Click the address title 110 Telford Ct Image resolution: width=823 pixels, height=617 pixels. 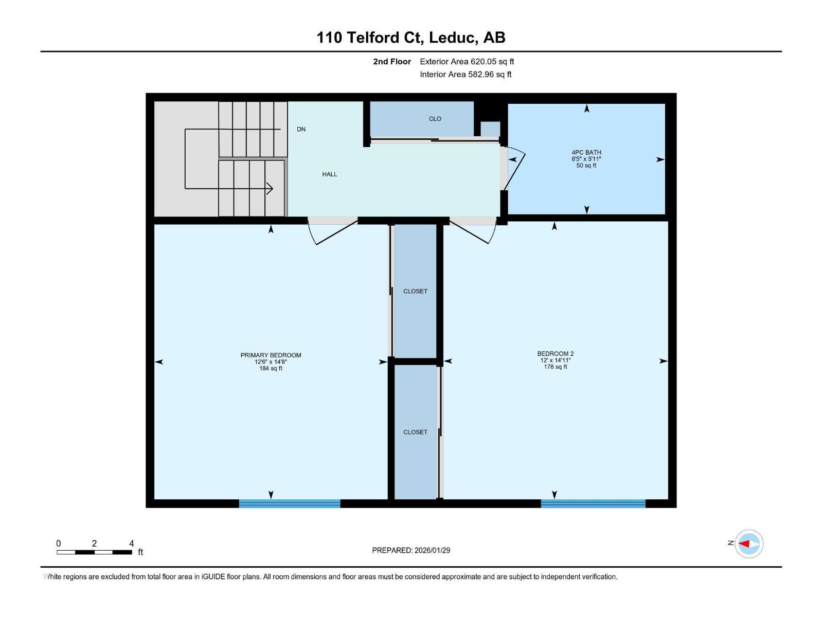pyautogui.click(x=410, y=38)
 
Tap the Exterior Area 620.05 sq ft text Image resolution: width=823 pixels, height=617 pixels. pyautogui.click(x=467, y=62)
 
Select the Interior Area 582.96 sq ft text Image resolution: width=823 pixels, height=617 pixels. pyautogui.click(x=466, y=75)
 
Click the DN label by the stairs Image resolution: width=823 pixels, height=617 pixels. pyautogui.click(x=301, y=130)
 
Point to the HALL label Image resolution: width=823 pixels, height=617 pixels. pyautogui.click(x=330, y=174)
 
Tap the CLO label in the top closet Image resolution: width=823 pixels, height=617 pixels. pyautogui.click(x=435, y=119)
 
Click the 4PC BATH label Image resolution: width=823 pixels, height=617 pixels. pyautogui.click(x=586, y=153)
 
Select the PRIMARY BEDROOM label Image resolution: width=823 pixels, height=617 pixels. pyautogui.click(x=271, y=355)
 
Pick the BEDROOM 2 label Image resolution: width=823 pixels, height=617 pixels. pyautogui.click(x=555, y=354)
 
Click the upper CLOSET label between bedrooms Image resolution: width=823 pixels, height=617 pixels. pyautogui.click(x=415, y=292)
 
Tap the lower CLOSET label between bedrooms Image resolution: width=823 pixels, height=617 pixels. pyautogui.click(x=415, y=432)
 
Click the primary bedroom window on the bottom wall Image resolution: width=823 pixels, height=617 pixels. pyautogui.click(x=289, y=503)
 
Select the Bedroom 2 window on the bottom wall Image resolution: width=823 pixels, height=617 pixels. pyautogui.click(x=593, y=503)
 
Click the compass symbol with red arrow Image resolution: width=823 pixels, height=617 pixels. pyautogui.click(x=748, y=543)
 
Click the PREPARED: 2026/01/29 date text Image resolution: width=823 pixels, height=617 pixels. pyautogui.click(x=411, y=550)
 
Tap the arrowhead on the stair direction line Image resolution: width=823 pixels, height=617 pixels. pyautogui.click(x=270, y=188)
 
